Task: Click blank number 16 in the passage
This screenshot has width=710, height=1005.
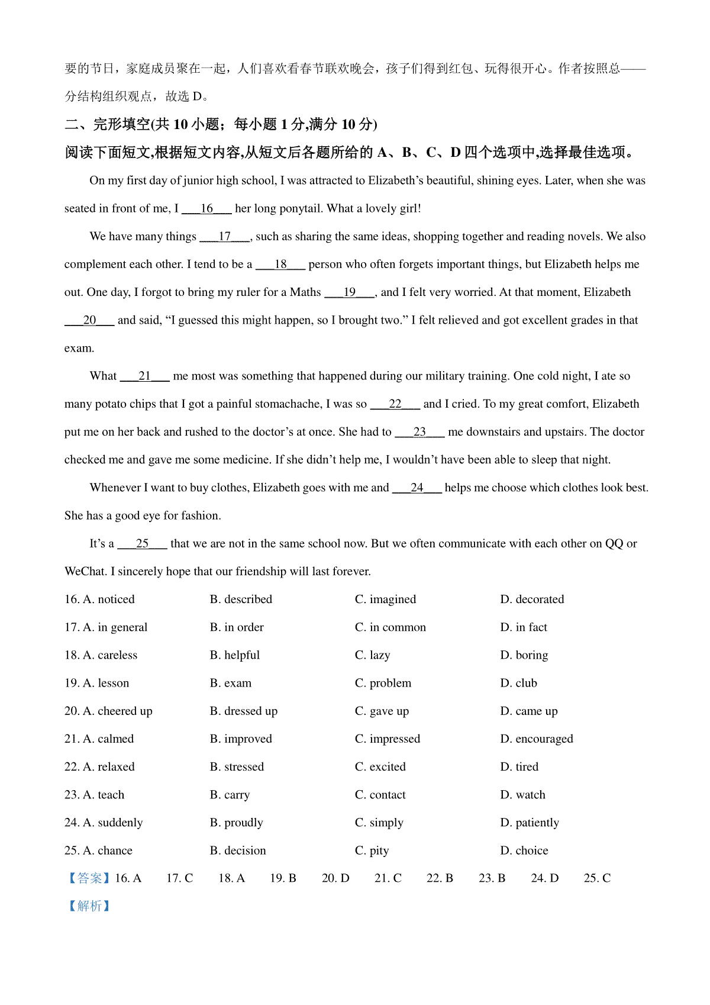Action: [x=206, y=208]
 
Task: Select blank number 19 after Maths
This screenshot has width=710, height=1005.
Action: [x=350, y=292]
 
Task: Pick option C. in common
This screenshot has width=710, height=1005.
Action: [x=390, y=627]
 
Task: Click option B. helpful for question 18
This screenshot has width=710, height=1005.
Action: [x=234, y=655]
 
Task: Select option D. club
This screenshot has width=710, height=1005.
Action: [x=518, y=683]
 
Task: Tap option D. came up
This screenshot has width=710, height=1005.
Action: [x=528, y=711]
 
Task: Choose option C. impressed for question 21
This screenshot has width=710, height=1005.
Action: [x=387, y=739]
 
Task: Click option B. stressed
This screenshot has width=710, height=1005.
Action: [x=237, y=767]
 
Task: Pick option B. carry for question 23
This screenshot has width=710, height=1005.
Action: [x=230, y=795]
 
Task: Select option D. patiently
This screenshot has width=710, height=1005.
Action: [x=529, y=823]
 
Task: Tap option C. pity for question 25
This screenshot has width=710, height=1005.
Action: [x=372, y=851]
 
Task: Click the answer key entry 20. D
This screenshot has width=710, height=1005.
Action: [x=335, y=878]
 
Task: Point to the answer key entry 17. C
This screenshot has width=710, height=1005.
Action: [x=179, y=878]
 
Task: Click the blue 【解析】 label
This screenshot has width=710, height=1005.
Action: [x=89, y=906]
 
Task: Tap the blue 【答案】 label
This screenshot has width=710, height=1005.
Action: [x=89, y=878]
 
